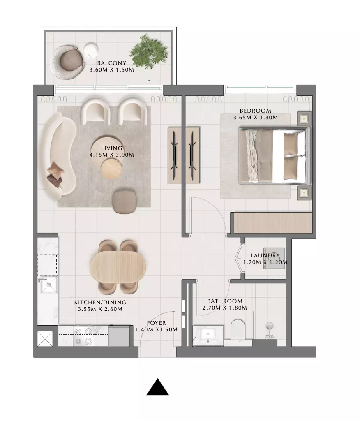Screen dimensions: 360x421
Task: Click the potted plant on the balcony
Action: pyautogui.click(x=149, y=51)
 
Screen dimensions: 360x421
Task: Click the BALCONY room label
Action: pyautogui.click(x=111, y=63)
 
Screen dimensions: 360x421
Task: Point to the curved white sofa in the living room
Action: pyautogui.click(x=58, y=156)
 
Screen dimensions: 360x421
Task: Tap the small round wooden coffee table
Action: pyautogui.click(x=111, y=169)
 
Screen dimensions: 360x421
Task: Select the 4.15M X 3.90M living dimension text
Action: pyautogui.click(x=112, y=155)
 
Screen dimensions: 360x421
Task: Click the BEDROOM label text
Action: pyautogui.click(x=255, y=111)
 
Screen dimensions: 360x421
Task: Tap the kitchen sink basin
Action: pyautogui.click(x=48, y=285)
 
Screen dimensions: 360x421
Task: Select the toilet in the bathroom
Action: pyautogui.click(x=238, y=329)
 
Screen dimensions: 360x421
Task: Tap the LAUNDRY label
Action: pyautogui.click(x=265, y=255)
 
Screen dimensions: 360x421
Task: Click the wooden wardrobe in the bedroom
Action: pyautogui.click(x=273, y=223)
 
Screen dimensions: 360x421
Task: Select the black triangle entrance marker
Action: pyautogui.click(x=157, y=387)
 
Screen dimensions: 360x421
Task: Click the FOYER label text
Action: pyautogui.click(x=156, y=323)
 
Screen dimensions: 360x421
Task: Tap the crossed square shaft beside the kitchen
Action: pyautogui.click(x=45, y=339)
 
